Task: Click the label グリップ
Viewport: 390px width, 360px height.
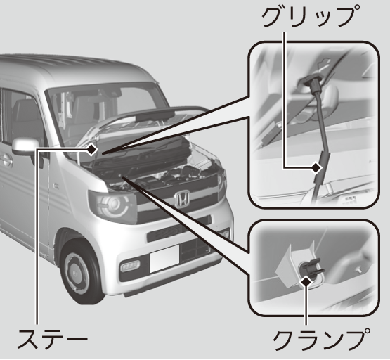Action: [x=311, y=16]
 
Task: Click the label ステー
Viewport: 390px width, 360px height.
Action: [x=53, y=338]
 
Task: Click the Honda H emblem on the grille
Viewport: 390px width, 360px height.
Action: [x=182, y=199]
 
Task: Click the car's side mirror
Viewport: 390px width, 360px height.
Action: [x=25, y=146]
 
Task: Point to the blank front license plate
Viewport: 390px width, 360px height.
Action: [x=164, y=259]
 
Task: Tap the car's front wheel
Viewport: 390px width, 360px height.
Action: [x=80, y=271]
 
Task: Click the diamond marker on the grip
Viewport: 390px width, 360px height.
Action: [x=317, y=167]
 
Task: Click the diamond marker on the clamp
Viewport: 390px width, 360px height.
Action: [x=306, y=282]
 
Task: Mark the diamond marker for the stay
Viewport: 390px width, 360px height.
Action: [x=92, y=150]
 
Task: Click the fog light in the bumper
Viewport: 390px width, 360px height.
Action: [x=129, y=266]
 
